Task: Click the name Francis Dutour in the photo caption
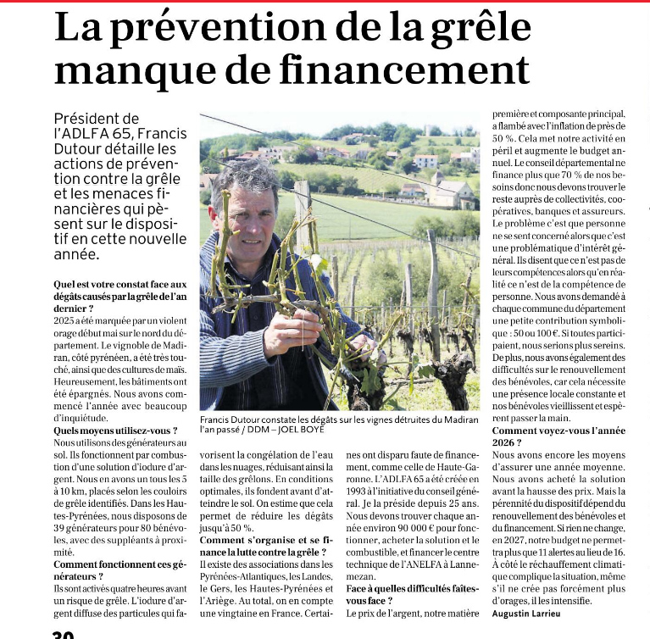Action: pos(235,420)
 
